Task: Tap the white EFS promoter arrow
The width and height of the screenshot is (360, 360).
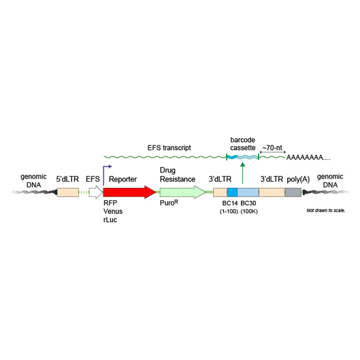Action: pyautogui.click(x=95, y=192)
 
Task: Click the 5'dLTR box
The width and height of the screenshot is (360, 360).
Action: pyautogui.click(x=67, y=192)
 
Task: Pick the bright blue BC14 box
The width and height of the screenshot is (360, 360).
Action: pyautogui.click(x=232, y=192)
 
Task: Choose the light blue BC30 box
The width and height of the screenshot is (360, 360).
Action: pyautogui.click(x=248, y=192)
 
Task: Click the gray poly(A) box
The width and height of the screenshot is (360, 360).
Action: pyautogui.click(x=293, y=192)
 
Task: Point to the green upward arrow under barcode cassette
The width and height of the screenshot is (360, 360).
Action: pyautogui.click(x=243, y=174)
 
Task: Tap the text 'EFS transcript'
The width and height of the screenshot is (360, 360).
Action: pyautogui.click(x=169, y=147)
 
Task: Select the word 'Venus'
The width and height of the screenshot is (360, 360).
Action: pyautogui.click(x=112, y=211)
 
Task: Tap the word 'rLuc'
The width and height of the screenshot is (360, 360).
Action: pyautogui.click(x=110, y=220)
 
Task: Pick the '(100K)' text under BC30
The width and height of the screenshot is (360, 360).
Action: pyautogui.click(x=249, y=211)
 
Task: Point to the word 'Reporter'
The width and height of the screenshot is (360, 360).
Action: pyautogui.click(x=123, y=179)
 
